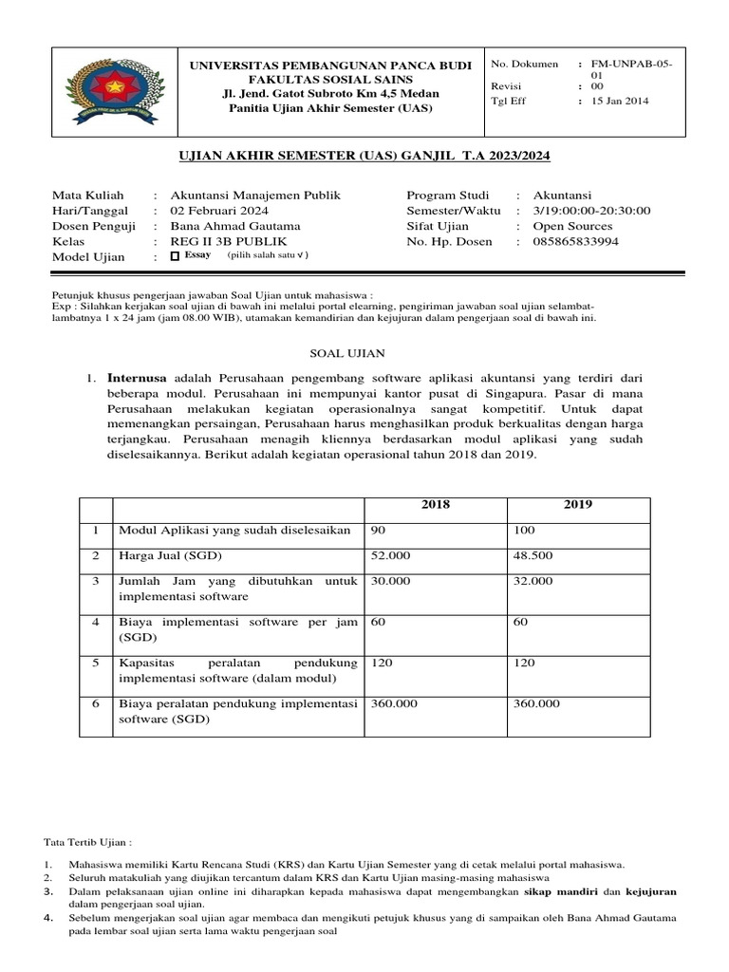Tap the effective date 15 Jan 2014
[620, 102]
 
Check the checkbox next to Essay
[174, 256]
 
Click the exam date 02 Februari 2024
[218, 211]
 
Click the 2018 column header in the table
[435, 503]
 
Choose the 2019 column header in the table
[577, 503]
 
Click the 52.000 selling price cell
[391, 555]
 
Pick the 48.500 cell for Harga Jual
[533, 555]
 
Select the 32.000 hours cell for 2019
[533, 581]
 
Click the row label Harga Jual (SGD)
[168, 555]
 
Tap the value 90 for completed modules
[378, 529]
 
